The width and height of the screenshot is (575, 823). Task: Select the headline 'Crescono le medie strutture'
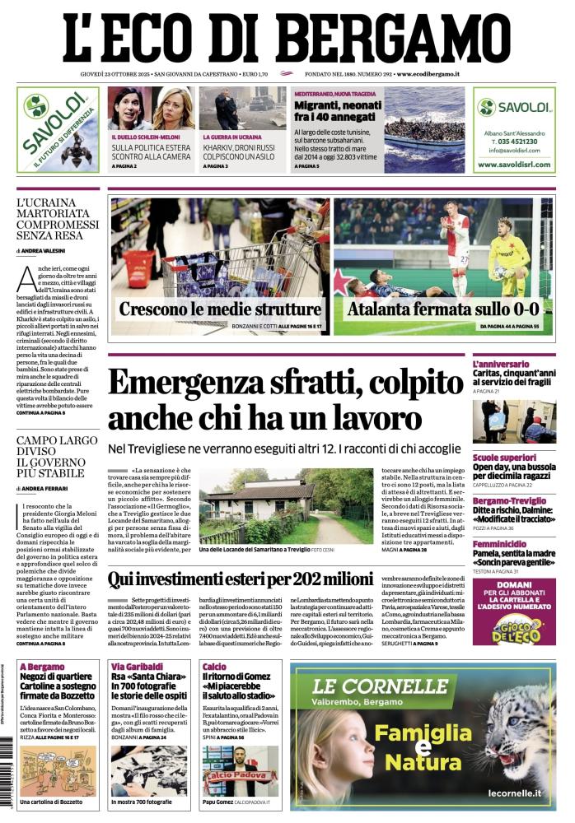(220, 309)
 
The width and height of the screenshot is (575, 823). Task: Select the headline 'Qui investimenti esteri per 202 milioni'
(241, 579)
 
